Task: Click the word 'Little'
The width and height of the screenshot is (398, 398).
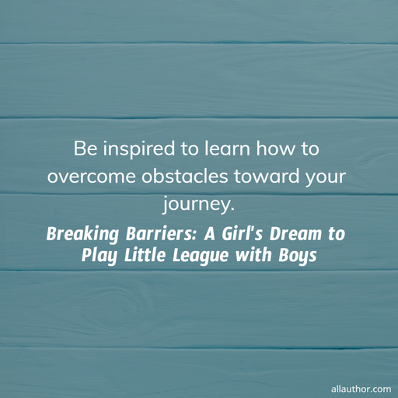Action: click(x=145, y=255)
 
